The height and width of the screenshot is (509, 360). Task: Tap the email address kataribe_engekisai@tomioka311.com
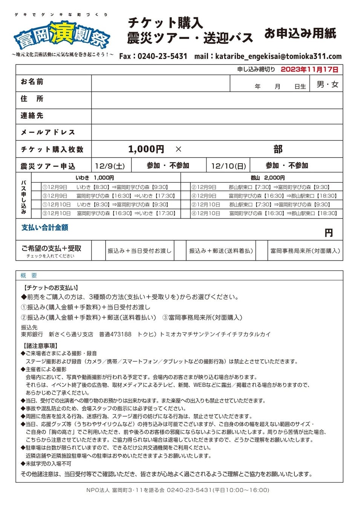(x=278, y=57)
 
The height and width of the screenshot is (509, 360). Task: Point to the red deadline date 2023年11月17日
(x=309, y=69)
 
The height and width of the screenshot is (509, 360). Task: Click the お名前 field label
(x=32, y=82)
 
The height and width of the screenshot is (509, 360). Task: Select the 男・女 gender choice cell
(x=327, y=84)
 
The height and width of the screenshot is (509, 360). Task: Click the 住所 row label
(x=32, y=99)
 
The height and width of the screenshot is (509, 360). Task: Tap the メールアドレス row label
(x=48, y=132)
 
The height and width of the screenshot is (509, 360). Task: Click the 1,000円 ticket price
(x=146, y=149)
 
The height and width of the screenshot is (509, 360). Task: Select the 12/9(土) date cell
(x=110, y=166)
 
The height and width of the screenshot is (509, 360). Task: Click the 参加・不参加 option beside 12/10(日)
(x=286, y=166)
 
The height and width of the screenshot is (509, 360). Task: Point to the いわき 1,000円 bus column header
(x=95, y=178)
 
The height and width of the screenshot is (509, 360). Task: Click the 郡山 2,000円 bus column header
(x=267, y=178)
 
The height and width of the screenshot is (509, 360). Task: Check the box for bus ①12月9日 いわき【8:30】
(x=36, y=187)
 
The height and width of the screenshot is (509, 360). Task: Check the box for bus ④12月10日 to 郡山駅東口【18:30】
(x=186, y=213)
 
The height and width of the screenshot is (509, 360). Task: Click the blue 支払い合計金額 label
(x=45, y=228)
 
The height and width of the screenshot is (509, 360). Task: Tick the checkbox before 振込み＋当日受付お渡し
(x=98, y=251)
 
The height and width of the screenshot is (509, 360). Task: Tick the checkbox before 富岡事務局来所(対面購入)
(x=262, y=251)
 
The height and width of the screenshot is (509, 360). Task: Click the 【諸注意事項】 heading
(x=40, y=346)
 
